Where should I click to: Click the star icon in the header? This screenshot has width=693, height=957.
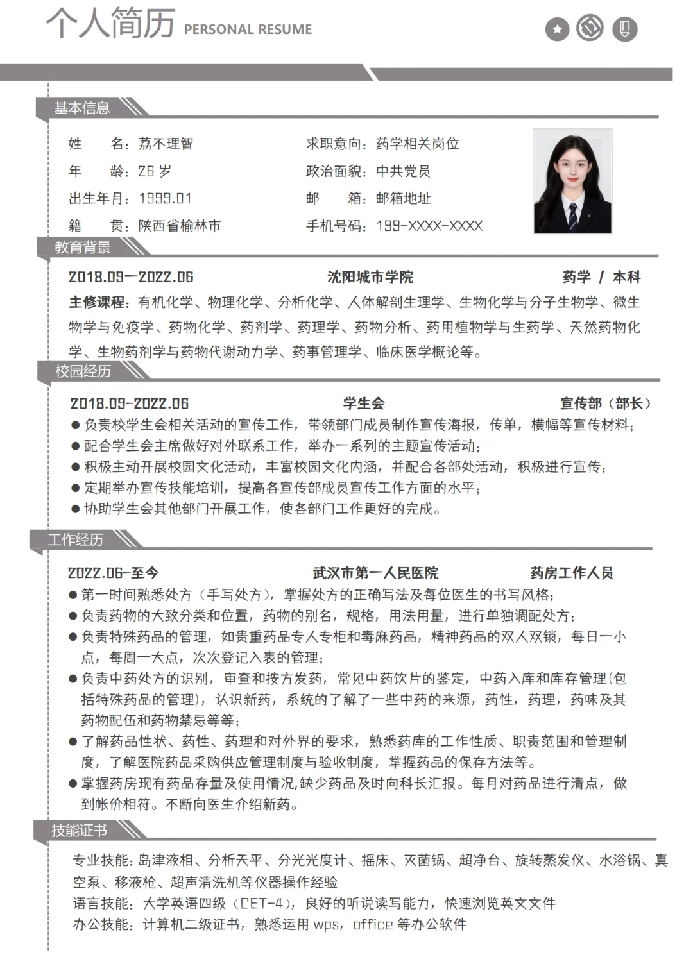(557, 29)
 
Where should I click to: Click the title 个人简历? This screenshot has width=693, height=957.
(110, 23)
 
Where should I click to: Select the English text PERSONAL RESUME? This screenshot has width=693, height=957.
(248, 30)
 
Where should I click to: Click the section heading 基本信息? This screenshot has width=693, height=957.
(81, 108)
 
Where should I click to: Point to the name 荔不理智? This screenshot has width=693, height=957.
(166, 144)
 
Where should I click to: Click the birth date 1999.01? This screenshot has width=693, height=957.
(165, 198)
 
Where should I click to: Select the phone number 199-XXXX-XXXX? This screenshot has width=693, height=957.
(429, 226)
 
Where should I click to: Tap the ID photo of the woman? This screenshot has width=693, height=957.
(572, 182)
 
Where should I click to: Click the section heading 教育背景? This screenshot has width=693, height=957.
(82, 247)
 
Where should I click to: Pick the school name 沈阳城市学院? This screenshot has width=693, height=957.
(370, 277)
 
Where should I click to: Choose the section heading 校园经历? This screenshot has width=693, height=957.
(83, 371)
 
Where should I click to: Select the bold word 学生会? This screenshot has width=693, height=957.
(364, 403)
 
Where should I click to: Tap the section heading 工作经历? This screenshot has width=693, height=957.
(76, 539)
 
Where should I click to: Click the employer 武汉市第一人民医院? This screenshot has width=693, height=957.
(376, 573)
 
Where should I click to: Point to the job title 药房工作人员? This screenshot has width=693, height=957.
(572, 573)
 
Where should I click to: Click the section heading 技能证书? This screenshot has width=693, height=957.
(79, 831)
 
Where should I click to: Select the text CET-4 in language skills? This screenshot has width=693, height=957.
(261, 903)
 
